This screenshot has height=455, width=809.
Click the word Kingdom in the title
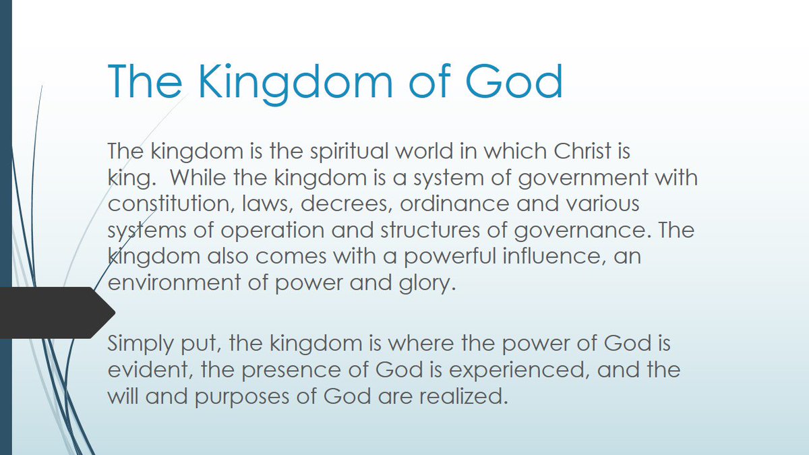click(295, 84)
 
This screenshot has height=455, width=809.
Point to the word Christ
click(582, 150)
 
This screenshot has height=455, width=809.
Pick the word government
click(583, 179)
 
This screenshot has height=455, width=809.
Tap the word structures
click(430, 230)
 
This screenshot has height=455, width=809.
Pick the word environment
click(174, 282)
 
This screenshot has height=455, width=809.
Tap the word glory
click(427, 284)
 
